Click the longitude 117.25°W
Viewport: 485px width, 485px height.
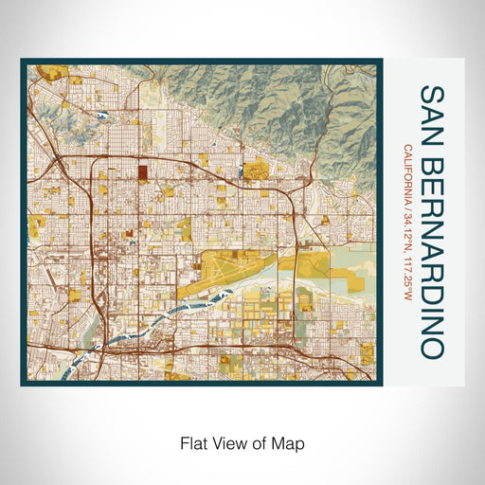pyautogui.click(x=407, y=274)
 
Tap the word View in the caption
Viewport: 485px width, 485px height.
pyautogui.click(x=227, y=442)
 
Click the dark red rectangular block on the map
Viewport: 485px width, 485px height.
pyautogui.click(x=143, y=173)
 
